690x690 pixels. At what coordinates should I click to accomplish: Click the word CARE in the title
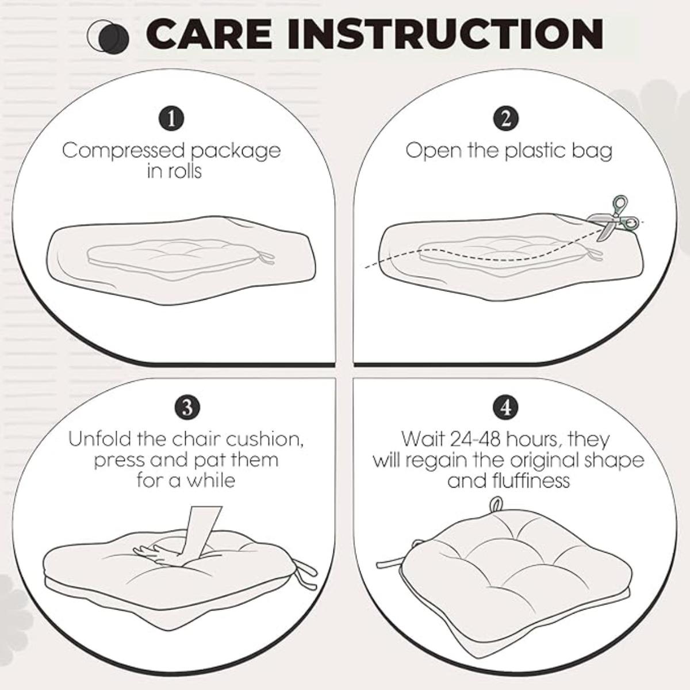pyautogui.click(x=209, y=34)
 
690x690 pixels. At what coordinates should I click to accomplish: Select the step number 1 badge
pyautogui.click(x=171, y=119)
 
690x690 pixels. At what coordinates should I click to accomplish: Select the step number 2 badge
pyautogui.click(x=506, y=119)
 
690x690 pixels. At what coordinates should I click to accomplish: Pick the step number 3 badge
pyautogui.click(x=187, y=408)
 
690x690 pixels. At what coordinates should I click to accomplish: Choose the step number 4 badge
pyautogui.click(x=505, y=408)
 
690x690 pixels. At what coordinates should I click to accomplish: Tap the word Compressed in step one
pyautogui.click(x=124, y=151)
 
